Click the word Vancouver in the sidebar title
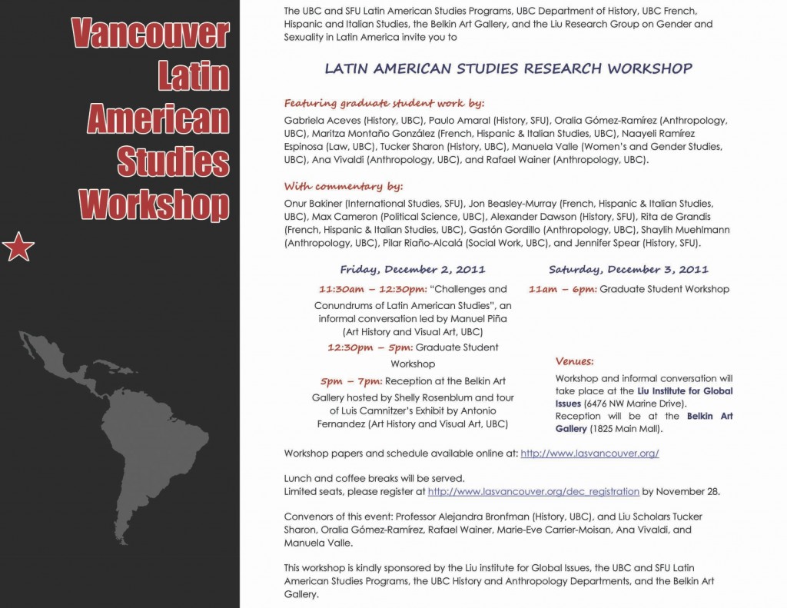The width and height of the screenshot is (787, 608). (x=151, y=34)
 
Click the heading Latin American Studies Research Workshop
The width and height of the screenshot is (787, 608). (x=508, y=68)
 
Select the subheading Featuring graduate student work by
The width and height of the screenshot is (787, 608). (x=384, y=103)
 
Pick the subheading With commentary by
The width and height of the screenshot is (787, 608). (x=344, y=186)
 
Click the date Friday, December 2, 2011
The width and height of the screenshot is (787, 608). (x=413, y=270)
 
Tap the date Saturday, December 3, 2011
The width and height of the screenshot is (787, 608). (x=628, y=270)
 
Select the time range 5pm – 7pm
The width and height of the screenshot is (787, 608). (x=351, y=380)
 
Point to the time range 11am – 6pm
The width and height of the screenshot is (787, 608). (x=562, y=290)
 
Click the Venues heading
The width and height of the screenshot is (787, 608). (x=574, y=360)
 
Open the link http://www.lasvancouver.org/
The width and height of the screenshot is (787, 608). (x=589, y=454)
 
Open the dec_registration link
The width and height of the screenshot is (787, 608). (x=533, y=491)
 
